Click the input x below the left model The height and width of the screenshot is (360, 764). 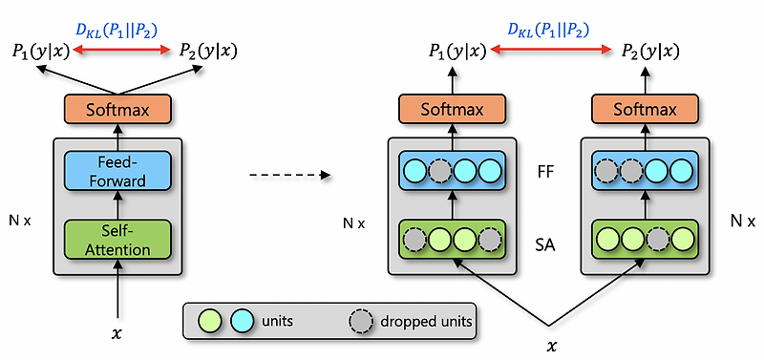coord(117,334)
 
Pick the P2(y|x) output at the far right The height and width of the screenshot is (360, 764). coord(649,51)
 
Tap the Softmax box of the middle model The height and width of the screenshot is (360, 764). coord(451,109)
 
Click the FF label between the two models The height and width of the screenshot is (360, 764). coord(546,174)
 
